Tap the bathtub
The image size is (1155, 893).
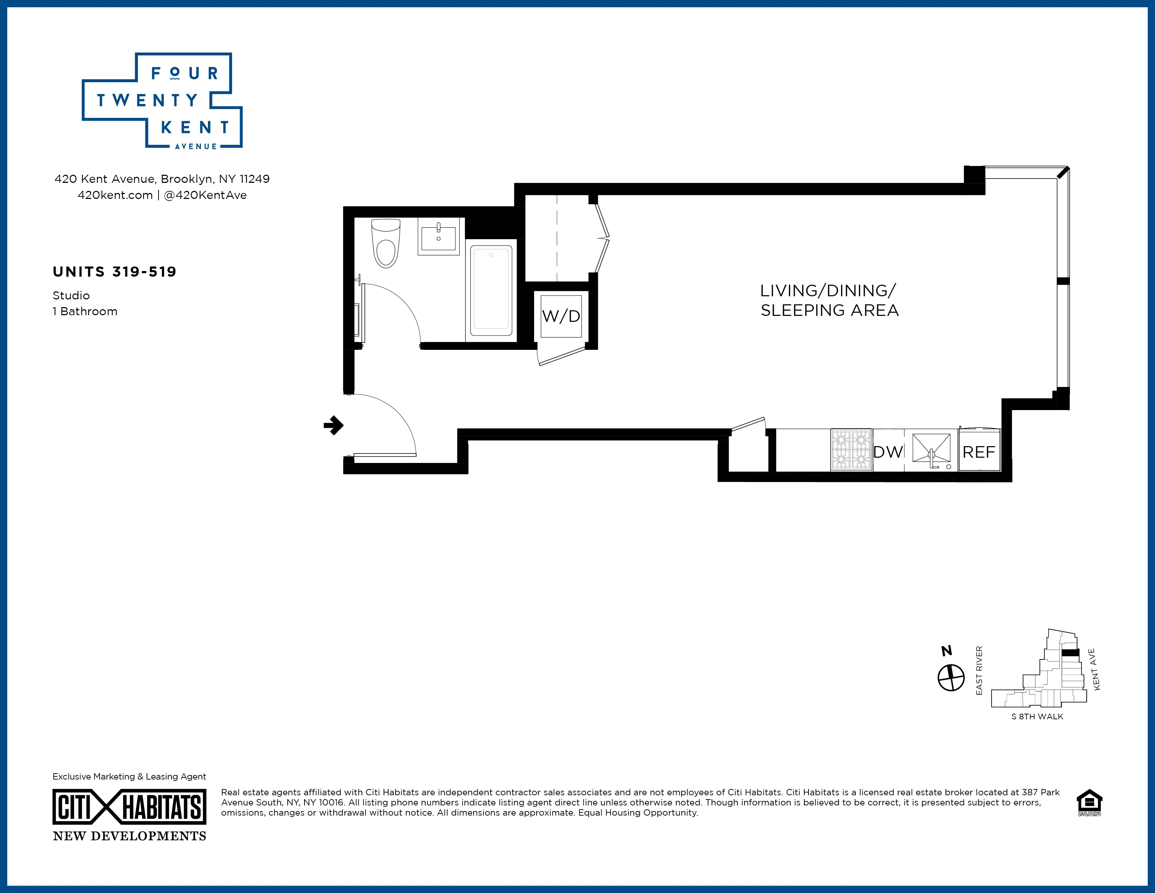coord(491,290)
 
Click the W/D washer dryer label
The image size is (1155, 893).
coord(561,316)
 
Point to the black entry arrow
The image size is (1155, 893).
coord(334,425)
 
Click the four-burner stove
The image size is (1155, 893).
coord(851,450)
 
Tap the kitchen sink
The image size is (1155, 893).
coord(932,451)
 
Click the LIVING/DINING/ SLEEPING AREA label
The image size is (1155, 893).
coord(829,300)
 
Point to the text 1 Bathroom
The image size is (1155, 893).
coord(85,312)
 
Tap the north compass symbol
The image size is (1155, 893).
coord(951,678)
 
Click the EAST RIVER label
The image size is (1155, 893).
coord(979,671)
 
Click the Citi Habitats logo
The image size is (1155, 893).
coord(129,807)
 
